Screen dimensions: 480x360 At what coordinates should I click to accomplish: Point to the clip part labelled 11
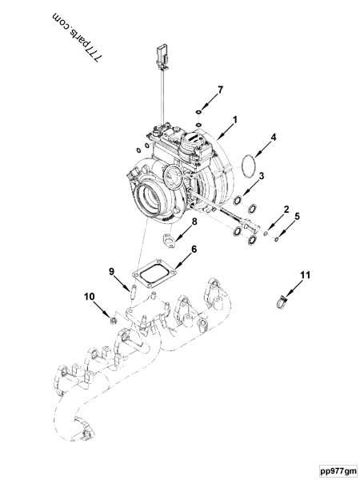pos(282,302)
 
